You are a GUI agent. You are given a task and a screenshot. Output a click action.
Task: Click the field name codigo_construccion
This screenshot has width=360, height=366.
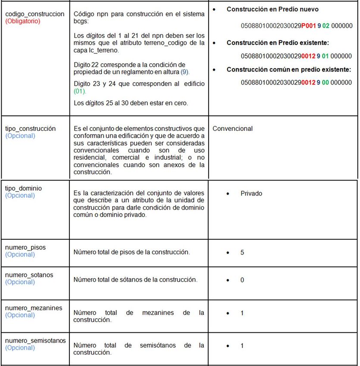coord(34,14)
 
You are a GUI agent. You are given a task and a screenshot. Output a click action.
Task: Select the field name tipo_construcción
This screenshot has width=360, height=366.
coord(30,128)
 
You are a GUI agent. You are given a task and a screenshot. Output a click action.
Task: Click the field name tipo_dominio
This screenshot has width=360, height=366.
coord(23,188)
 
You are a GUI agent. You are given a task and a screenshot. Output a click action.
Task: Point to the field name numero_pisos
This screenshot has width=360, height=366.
coord(25,247)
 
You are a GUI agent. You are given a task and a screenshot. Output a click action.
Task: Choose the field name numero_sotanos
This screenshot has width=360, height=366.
coord(29,275)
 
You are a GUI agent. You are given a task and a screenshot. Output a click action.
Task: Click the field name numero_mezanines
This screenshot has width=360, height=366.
coord(34,308)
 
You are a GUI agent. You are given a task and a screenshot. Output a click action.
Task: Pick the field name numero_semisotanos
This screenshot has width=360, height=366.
coord(35,341)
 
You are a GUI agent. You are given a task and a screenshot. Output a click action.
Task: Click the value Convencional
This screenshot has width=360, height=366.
coord(233,128)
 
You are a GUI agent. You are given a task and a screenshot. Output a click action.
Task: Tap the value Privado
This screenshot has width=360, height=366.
coord(251,193)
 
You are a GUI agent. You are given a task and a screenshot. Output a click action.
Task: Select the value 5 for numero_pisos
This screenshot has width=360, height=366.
coord(242,252)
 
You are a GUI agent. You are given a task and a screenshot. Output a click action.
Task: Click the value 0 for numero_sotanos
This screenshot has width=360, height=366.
coord(242,280)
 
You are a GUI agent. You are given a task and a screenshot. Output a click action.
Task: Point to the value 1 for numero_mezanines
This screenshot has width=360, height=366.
coord(242,313)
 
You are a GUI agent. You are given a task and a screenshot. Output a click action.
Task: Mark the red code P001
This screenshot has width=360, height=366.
coord(309,26)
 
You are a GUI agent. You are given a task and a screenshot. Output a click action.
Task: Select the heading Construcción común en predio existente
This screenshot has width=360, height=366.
coord(289,69)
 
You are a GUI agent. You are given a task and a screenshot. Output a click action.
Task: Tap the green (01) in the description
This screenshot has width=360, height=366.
coord(80,91)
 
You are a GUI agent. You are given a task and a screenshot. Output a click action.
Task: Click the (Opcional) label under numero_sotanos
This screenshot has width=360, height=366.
coord(20,282)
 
